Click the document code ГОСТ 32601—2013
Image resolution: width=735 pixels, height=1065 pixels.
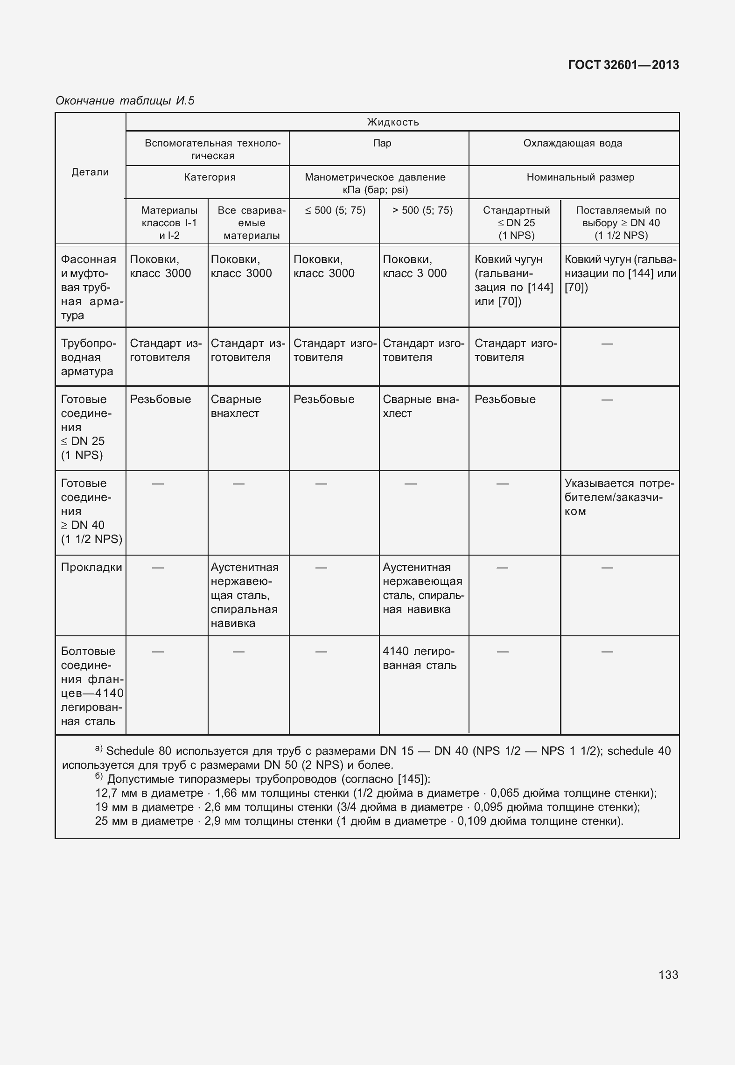tap(623, 65)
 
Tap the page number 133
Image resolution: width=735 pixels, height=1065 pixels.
tap(668, 975)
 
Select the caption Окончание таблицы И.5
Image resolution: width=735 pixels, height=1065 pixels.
tap(125, 101)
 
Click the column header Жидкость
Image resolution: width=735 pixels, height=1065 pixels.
tap(393, 122)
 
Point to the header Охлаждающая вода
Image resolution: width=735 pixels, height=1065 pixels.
tap(573, 143)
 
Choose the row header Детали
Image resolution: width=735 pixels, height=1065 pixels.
tap(90, 172)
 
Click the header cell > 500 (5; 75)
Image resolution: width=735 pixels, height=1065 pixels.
tap(422, 210)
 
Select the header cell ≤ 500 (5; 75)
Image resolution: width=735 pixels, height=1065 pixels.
tap(335, 210)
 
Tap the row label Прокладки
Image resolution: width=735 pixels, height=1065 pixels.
tap(91, 567)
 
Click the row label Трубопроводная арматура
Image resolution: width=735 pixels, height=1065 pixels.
tap(87, 357)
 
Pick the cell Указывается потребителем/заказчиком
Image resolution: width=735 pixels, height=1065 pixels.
tap(619, 497)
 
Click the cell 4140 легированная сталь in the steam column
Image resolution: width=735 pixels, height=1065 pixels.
tap(419, 658)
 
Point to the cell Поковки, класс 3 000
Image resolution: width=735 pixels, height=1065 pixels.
tap(414, 266)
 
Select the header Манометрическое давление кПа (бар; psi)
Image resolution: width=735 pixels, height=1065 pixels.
tap(375, 183)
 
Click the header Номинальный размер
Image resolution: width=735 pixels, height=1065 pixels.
tap(580, 177)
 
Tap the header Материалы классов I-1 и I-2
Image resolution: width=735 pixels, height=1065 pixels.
tap(169, 223)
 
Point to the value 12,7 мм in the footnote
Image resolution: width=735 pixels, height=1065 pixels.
tap(112, 793)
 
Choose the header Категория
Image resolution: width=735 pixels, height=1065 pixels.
tap(210, 177)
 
